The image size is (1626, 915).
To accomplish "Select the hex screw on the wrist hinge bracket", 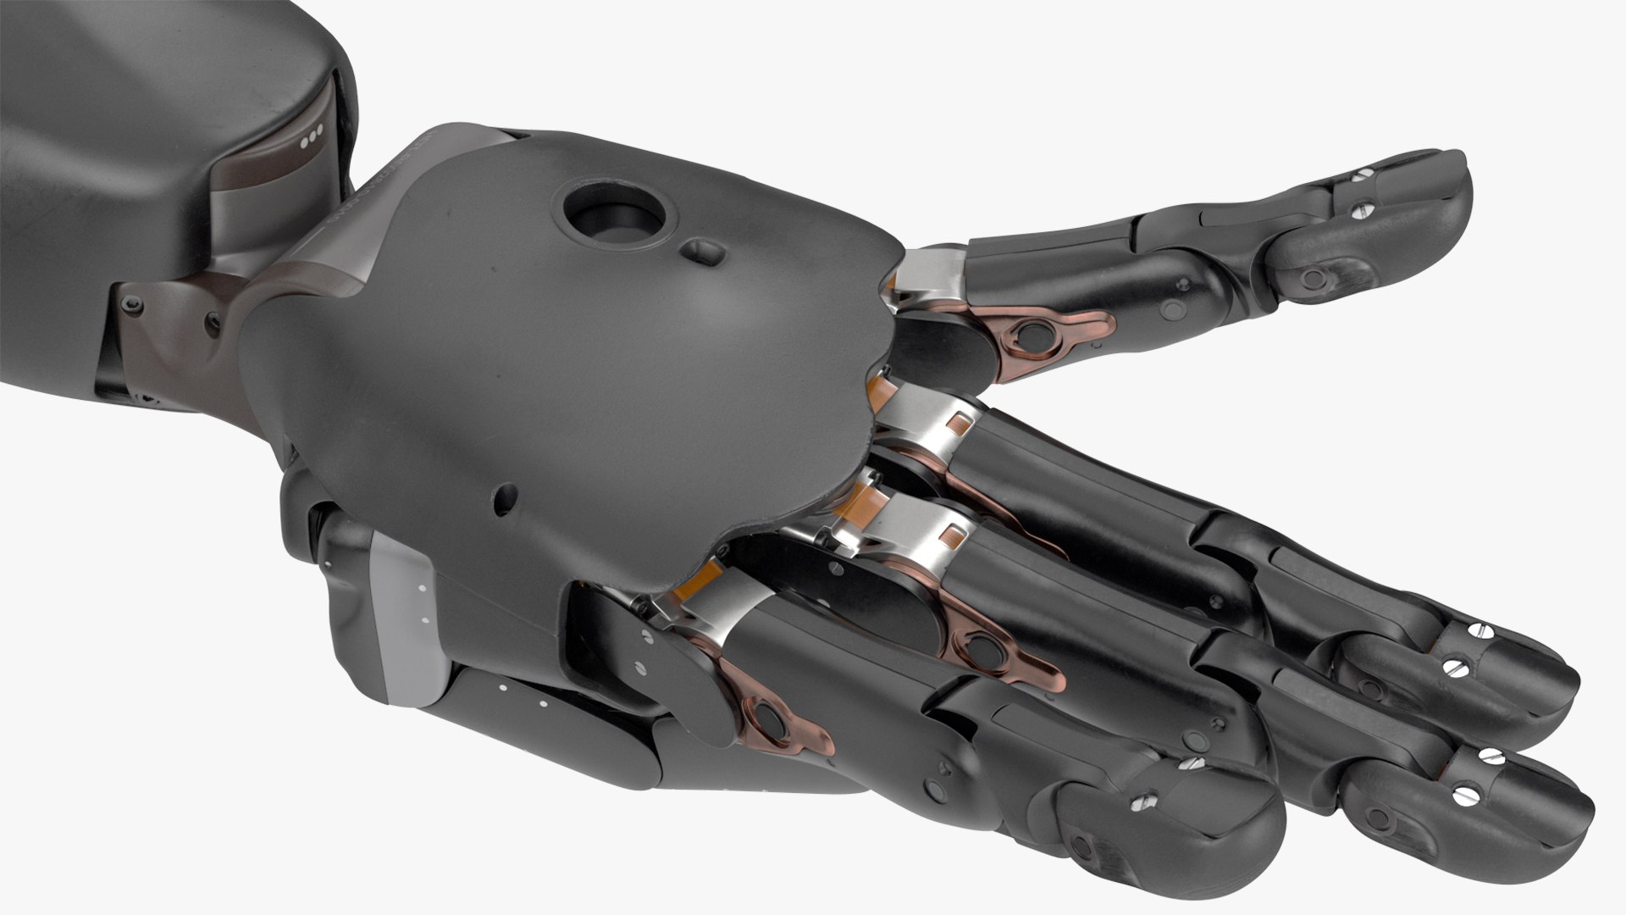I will pos(130,303).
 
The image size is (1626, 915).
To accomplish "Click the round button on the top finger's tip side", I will pos(1311,275).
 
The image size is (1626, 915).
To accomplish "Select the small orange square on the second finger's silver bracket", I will pos(960,421).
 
